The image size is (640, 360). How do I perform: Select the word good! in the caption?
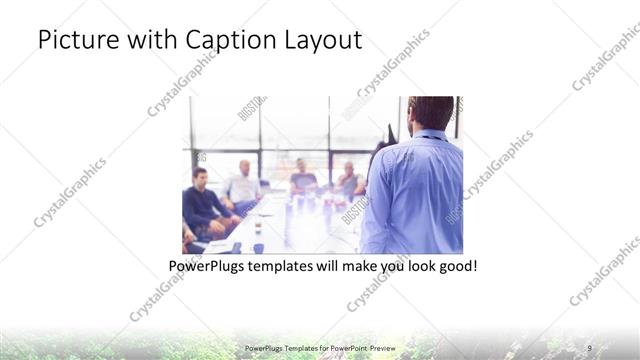(x=456, y=267)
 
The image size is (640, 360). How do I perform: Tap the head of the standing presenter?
(x=432, y=111)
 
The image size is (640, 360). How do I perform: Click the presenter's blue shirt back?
(x=418, y=190)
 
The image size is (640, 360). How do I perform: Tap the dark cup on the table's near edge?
(x=257, y=246)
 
